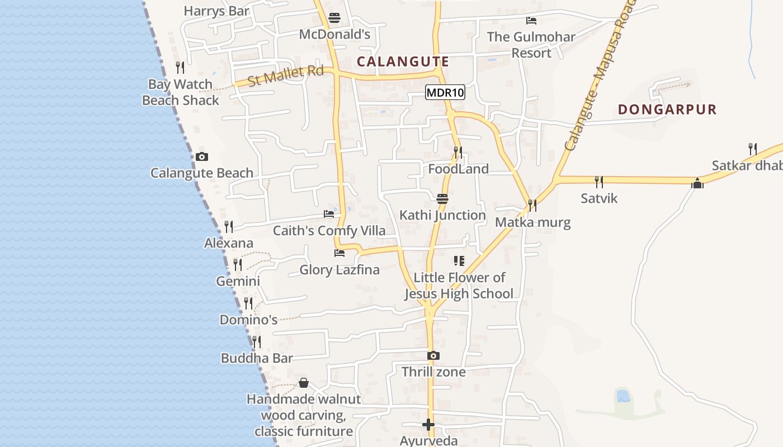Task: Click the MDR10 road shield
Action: point(445,93)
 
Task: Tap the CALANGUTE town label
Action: point(403,61)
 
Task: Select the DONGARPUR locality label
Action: point(667,110)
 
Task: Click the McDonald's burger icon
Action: point(334,18)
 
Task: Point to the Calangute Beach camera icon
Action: point(202,157)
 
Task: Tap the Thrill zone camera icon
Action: point(433,355)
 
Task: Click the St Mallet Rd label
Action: point(285,75)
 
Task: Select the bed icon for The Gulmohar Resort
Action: point(531,21)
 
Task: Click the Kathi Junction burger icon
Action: point(442,199)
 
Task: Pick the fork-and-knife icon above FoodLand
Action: point(458,152)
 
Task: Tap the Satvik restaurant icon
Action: point(599,182)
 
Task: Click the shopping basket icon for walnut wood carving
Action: point(304,383)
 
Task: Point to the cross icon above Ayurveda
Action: point(428,425)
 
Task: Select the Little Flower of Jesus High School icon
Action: point(459,261)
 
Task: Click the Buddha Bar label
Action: point(257,358)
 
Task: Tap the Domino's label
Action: point(248,320)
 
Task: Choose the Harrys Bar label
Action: point(216,11)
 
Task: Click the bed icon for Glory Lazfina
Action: point(339,253)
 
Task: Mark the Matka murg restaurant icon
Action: point(532,206)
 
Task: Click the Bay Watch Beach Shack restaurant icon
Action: point(180,68)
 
